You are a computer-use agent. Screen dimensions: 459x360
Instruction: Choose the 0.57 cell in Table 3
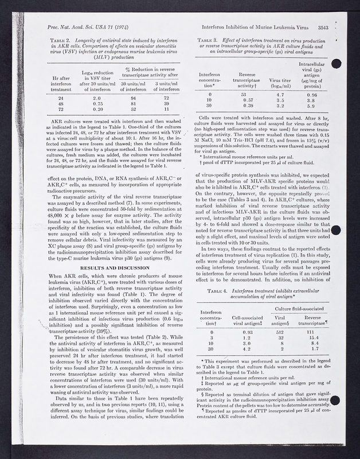[248, 100]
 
